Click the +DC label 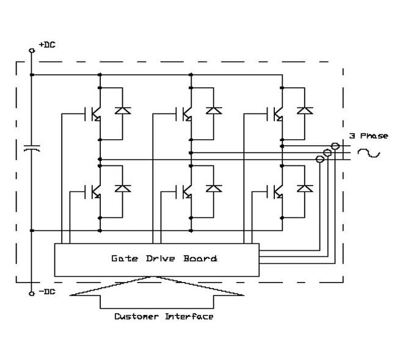point(46,45)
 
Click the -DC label point(46,292)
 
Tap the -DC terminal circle point(32,293)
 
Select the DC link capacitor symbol point(32,148)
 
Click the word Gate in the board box point(123,259)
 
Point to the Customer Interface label point(164,317)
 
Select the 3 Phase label point(368,135)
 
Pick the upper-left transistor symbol point(93,113)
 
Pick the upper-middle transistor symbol point(185,113)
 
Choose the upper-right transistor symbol point(276,113)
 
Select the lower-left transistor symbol point(93,191)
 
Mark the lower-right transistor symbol point(276,191)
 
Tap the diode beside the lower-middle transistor point(214,188)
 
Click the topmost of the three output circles point(334,146)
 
